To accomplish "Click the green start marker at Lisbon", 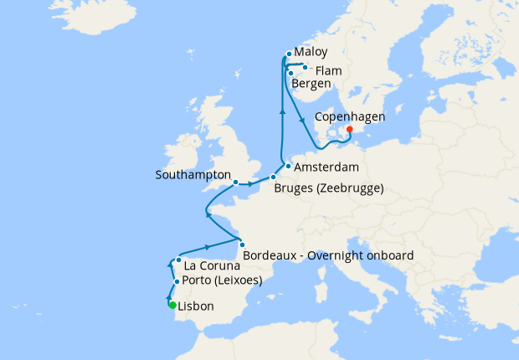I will (172, 305).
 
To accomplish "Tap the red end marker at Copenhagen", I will (349, 129).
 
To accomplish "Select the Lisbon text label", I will (197, 306).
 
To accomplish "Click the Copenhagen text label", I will (351, 118).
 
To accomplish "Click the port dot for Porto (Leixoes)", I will (177, 281).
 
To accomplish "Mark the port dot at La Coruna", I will (179, 260).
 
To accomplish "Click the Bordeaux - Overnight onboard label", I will (327, 255).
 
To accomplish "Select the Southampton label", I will (193, 175).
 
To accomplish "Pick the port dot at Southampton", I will (236, 182).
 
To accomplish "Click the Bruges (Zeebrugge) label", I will (328, 188).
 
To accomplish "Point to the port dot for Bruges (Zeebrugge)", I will (273, 177).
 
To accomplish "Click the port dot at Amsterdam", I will (288, 166).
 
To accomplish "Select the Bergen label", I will (311, 84).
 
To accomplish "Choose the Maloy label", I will (311, 51).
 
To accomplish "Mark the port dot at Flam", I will (306, 68).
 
